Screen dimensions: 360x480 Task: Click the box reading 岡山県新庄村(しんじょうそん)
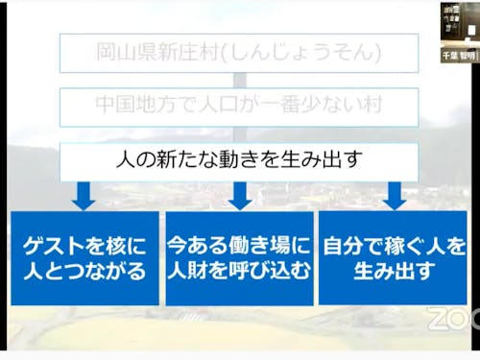tap(239, 53)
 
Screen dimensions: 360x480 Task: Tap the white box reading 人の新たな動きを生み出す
tap(239, 157)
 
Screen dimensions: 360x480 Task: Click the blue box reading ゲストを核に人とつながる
tap(84, 258)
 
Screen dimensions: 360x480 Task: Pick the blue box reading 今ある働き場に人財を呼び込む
tap(239, 258)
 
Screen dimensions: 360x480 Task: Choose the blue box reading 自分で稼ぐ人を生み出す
tap(394, 258)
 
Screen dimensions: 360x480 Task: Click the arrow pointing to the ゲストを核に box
tap(84, 197)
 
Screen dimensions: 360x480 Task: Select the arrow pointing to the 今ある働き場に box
tap(239, 197)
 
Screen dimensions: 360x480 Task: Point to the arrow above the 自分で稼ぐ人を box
tap(394, 197)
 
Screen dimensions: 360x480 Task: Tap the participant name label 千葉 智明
tap(459, 56)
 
